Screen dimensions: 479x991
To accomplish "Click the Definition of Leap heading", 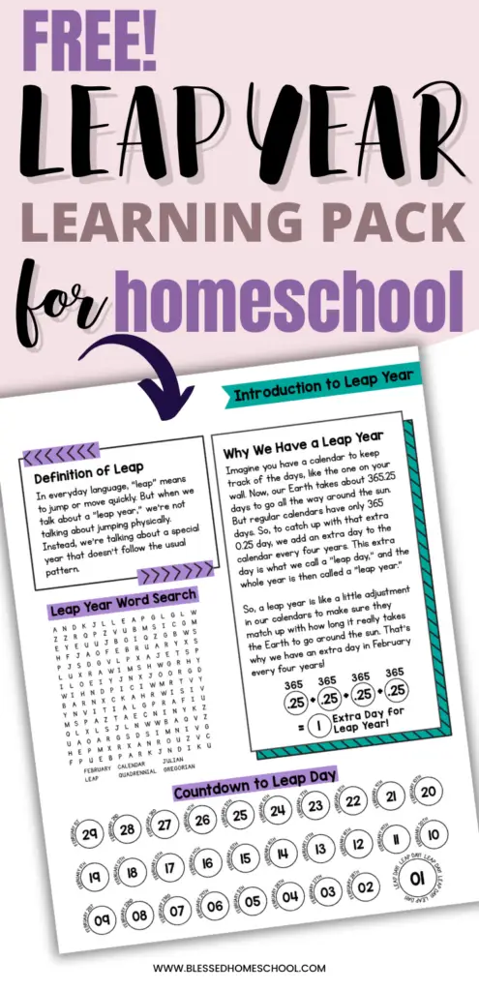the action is (88, 476).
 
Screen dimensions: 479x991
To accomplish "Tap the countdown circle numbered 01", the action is (416, 879).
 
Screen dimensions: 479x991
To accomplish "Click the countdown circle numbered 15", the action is (246, 858).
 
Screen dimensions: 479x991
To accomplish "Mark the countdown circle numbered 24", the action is (279, 810).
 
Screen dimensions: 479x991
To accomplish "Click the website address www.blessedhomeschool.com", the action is (239, 968).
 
